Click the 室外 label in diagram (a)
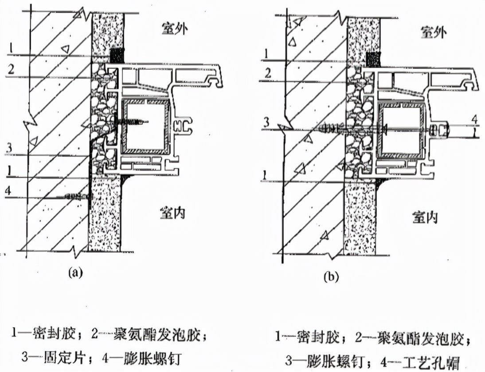[176, 29]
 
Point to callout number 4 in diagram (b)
[474, 119]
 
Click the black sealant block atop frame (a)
[117, 56]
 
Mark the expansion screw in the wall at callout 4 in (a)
[75, 195]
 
